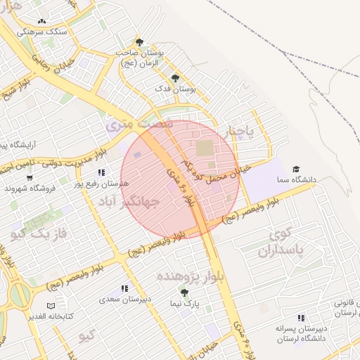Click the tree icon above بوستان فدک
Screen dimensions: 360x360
click(174, 78)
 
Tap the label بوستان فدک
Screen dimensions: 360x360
click(174, 90)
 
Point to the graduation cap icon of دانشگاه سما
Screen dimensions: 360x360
click(296, 169)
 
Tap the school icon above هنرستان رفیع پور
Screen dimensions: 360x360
click(102, 172)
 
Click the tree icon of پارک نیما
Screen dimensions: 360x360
click(184, 292)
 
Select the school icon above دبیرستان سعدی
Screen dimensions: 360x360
click(125, 288)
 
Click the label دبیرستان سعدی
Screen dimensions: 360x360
click(127, 300)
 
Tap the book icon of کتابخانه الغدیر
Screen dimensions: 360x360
click(50, 306)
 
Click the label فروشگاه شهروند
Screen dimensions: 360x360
click(27, 188)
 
